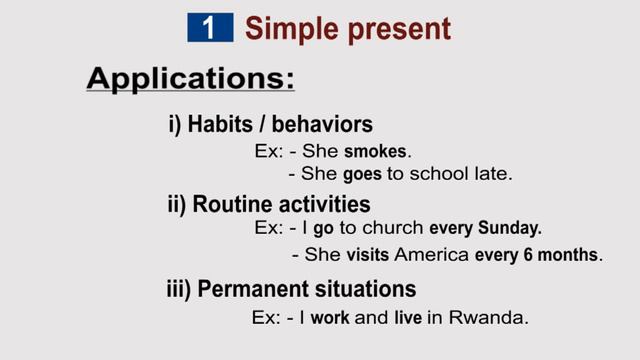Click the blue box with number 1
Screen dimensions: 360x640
tap(209, 27)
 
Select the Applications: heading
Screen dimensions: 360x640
tap(190, 78)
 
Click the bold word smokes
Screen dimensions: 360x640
tap(376, 152)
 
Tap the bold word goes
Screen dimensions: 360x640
tap(363, 173)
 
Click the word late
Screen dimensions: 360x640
tap(492, 173)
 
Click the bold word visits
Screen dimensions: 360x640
tap(369, 254)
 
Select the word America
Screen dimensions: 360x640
tap(432, 254)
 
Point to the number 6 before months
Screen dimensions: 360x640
tap(527, 254)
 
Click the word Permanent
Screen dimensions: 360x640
tap(245, 289)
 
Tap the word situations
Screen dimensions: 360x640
tap(366, 289)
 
